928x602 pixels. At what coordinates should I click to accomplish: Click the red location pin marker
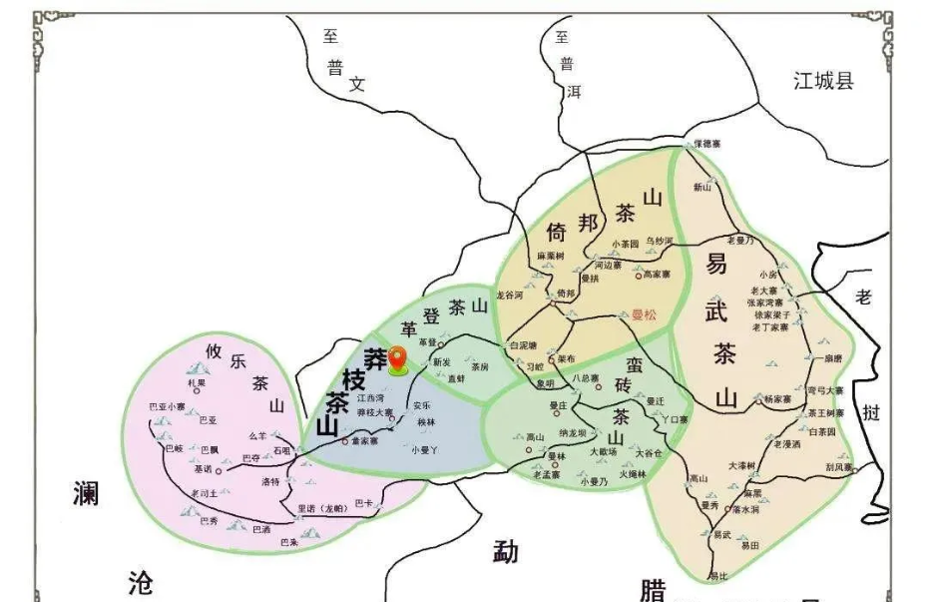coord(397,359)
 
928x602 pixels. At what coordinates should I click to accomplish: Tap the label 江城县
coord(824,81)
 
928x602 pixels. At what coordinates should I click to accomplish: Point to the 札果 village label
coord(195,382)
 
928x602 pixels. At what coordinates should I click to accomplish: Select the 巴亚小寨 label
coord(167,406)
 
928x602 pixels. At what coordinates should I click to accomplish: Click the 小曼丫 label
coord(424,449)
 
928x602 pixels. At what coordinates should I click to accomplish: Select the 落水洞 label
coord(745,509)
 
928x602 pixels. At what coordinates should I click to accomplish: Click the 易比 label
coord(718,576)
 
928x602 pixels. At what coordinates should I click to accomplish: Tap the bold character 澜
coord(89,492)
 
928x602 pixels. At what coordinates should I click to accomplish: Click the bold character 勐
coord(506,550)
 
